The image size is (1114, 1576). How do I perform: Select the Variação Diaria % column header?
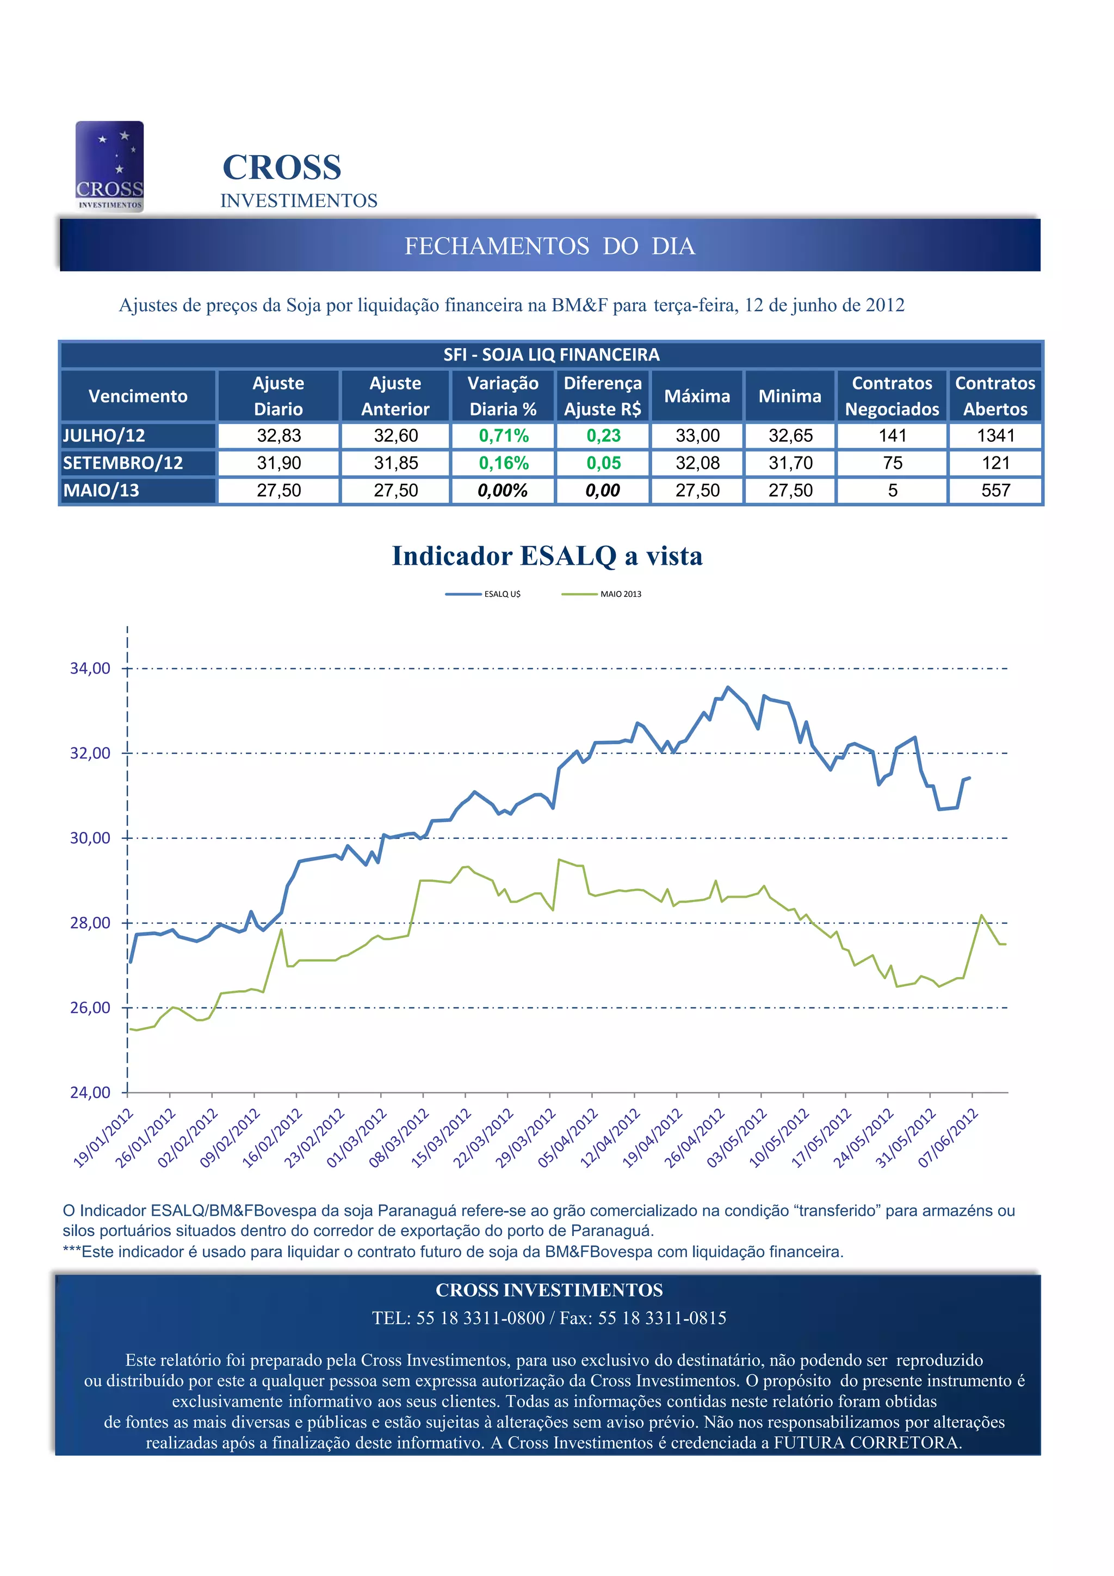(503, 396)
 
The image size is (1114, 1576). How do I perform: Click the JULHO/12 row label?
(104, 436)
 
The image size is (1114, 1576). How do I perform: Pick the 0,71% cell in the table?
(503, 436)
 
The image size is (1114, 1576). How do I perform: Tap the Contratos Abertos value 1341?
(995, 436)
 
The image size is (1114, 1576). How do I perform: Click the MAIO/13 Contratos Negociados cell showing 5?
(892, 491)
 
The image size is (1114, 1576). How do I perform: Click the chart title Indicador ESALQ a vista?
(547, 556)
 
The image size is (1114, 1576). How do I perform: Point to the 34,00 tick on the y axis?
(90, 669)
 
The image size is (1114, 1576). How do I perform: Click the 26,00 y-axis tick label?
(90, 1008)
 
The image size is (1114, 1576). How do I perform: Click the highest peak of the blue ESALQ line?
(728, 687)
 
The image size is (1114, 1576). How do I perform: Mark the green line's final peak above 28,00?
(981, 915)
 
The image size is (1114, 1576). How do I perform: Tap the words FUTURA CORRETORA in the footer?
(866, 1443)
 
